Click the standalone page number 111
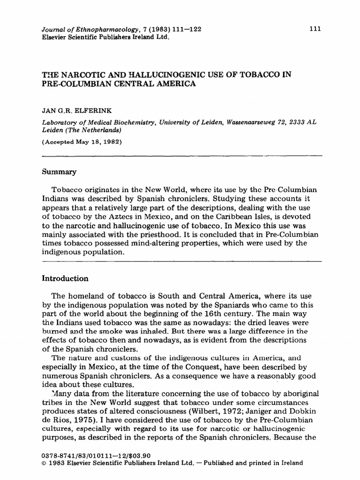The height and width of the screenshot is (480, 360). click(x=315, y=29)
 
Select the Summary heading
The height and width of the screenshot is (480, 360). click(x=59, y=172)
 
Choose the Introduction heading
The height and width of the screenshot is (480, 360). click(x=66, y=278)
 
